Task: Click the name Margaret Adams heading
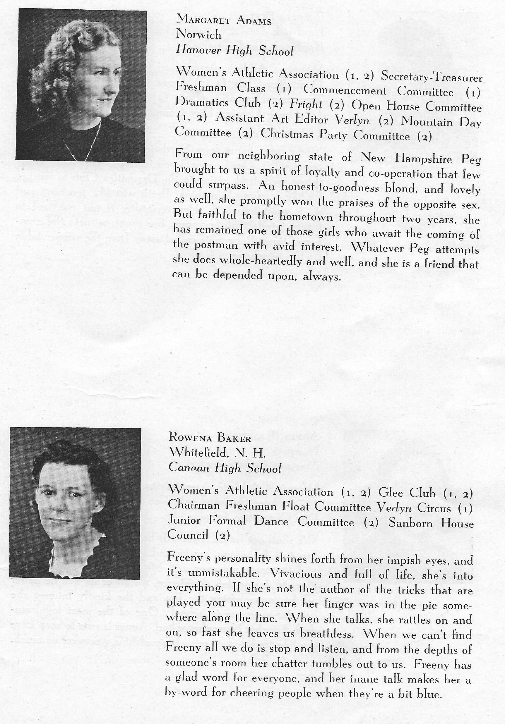(224, 20)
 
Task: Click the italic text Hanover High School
(235, 50)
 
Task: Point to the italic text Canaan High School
(225, 469)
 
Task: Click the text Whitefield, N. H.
(217, 453)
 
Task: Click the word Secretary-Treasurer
(432, 77)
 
